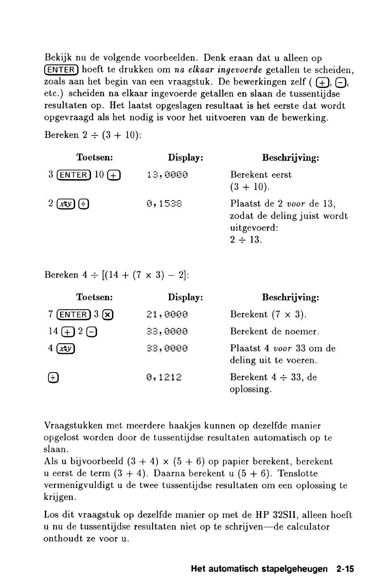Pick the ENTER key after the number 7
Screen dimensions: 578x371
click(x=73, y=315)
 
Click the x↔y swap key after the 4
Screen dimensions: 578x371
click(x=66, y=349)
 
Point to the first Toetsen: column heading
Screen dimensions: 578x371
click(x=95, y=158)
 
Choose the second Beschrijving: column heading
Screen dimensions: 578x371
click(x=290, y=297)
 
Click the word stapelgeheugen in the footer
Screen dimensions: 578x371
click(x=297, y=569)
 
